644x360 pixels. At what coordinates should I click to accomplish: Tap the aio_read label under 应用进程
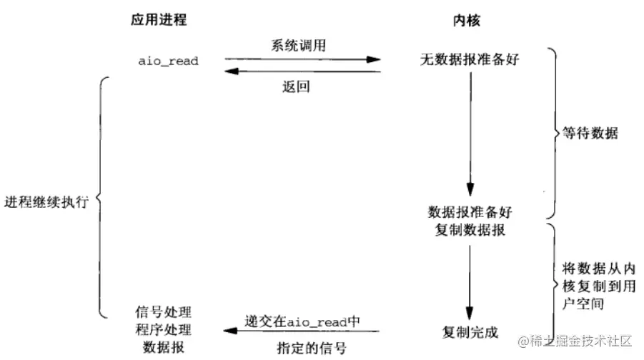(x=168, y=61)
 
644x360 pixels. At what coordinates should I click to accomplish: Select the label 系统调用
(x=296, y=45)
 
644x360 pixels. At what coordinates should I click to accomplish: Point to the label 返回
(x=295, y=88)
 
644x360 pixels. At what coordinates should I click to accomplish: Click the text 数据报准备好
(x=470, y=212)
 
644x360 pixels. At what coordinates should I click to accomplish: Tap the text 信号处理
(x=164, y=312)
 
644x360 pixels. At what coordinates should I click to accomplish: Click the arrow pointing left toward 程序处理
(x=300, y=331)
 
